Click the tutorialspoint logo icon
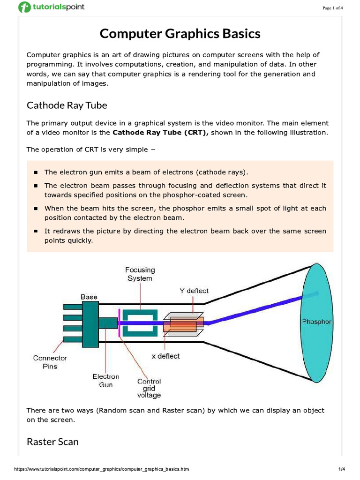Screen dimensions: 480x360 (x=24, y=7)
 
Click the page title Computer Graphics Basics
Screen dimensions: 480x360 (x=180, y=34)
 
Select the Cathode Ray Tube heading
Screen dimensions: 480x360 (x=67, y=105)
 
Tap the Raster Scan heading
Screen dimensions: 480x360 (x=52, y=442)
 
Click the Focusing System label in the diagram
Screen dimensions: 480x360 (x=140, y=274)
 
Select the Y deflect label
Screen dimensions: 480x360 (x=194, y=291)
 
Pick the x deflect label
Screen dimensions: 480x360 (x=165, y=356)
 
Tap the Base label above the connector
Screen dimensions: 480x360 (x=89, y=297)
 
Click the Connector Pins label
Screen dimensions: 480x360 (x=50, y=362)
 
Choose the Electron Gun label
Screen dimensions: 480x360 (x=105, y=380)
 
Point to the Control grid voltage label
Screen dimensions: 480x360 (x=149, y=388)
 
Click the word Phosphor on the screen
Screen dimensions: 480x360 (x=316, y=322)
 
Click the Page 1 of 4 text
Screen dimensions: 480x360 (x=333, y=8)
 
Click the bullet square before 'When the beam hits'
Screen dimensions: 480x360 (x=36, y=209)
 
